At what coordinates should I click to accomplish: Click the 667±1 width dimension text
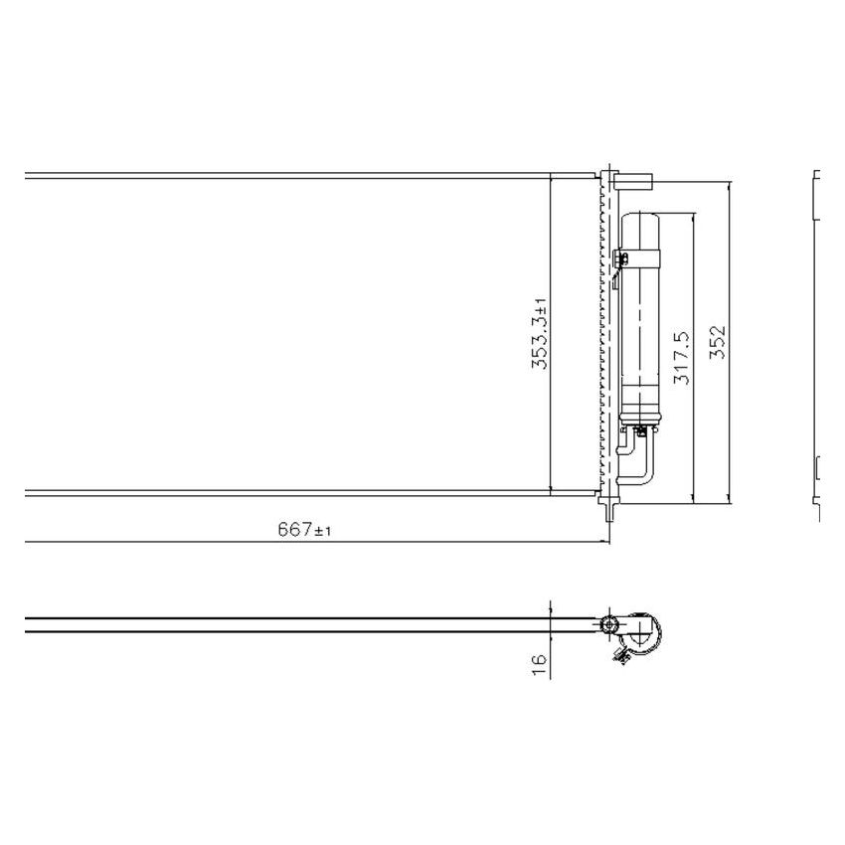click(303, 531)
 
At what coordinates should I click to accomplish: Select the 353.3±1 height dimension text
click(539, 333)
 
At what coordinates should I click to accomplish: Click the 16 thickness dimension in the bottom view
click(539, 665)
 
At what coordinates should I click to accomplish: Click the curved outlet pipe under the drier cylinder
click(637, 467)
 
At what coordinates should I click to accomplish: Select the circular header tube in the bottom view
click(610, 625)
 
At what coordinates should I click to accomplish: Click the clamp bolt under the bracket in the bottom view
click(624, 655)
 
